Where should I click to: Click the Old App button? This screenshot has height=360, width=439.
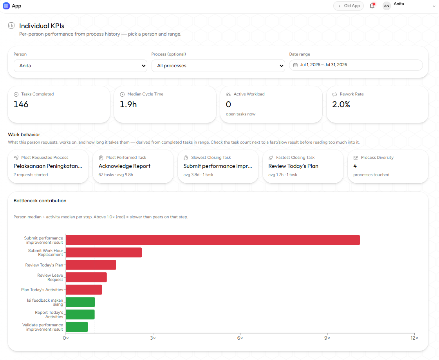(348, 6)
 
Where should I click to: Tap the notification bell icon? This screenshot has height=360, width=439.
(372, 5)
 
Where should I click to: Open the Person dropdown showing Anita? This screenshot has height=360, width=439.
(80, 66)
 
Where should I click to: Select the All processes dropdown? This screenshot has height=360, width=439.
(218, 66)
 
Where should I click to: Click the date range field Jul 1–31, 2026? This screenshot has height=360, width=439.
(356, 65)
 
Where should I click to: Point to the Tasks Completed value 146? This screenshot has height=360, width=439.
(21, 104)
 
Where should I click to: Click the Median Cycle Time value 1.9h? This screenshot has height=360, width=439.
(128, 104)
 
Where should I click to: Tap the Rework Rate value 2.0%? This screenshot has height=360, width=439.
(341, 104)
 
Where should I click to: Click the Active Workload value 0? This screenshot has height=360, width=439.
(228, 104)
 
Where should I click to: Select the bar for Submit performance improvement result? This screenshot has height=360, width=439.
(213, 240)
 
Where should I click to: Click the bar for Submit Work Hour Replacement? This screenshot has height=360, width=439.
(104, 252)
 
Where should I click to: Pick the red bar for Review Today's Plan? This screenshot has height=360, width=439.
(91, 265)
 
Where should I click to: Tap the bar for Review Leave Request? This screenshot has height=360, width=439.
(86, 277)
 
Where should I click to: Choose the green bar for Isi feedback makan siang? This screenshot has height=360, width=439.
(80, 302)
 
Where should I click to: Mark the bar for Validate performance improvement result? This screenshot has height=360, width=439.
(77, 327)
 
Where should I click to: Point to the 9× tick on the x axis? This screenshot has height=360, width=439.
(327, 338)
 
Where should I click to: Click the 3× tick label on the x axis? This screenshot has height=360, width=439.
(153, 338)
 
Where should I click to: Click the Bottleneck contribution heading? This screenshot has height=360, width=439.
(40, 201)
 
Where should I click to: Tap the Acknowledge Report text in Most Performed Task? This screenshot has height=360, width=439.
(124, 166)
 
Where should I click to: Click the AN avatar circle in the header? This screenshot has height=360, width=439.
(387, 6)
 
